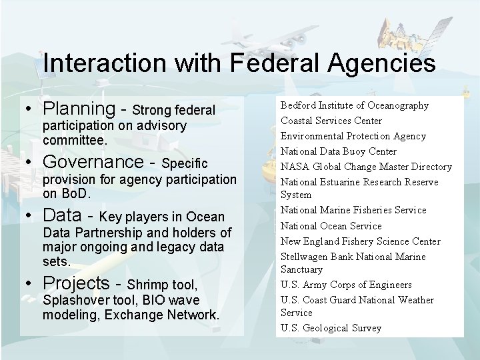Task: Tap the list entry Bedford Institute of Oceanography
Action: (x=354, y=105)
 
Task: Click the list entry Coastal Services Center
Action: (x=331, y=121)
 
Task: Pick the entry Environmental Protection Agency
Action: (x=353, y=136)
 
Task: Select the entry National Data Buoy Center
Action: (x=338, y=151)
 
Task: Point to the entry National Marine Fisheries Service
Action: (x=353, y=210)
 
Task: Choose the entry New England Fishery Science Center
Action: (x=360, y=241)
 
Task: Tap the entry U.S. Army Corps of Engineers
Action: (x=346, y=285)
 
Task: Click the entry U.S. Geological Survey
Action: (x=331, y=328)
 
